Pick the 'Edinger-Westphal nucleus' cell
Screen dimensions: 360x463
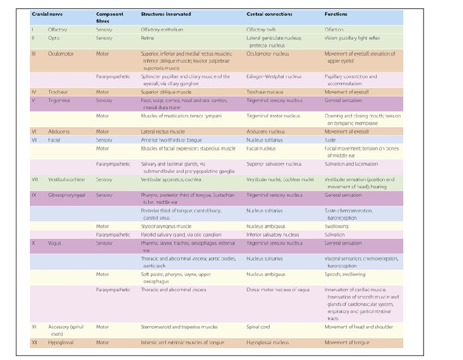[x=274, y=77]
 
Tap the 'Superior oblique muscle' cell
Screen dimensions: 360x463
[x=166, y=92]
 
